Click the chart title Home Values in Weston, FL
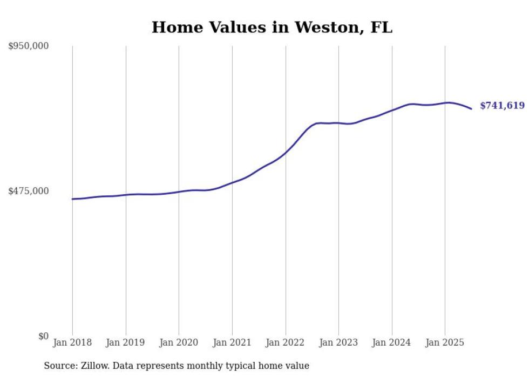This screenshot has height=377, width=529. tap(272, 27)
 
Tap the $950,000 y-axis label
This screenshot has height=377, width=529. tap(29, 46)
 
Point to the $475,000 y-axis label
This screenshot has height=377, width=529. tap(29, 191)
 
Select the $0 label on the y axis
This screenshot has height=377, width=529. tap(43, 336)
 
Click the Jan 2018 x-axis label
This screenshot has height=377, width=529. tap(72, 342)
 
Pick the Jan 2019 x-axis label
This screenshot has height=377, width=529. tap(126, 342)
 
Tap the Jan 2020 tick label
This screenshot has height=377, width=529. tap(179, 342)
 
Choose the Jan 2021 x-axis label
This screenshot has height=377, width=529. tap(232, 342)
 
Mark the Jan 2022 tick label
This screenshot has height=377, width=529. tap(286, 342)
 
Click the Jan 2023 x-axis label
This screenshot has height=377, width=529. tap(338, 342)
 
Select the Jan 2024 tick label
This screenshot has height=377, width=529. tap(392, 342)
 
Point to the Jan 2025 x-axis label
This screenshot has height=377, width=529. tap(445, 342)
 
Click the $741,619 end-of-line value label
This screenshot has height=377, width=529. tap(502, 106)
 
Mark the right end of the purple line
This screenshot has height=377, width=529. tap(471, 109)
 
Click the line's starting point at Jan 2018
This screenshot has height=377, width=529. tap(72, 199)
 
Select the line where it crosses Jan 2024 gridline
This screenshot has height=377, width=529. tap(392, 110)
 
